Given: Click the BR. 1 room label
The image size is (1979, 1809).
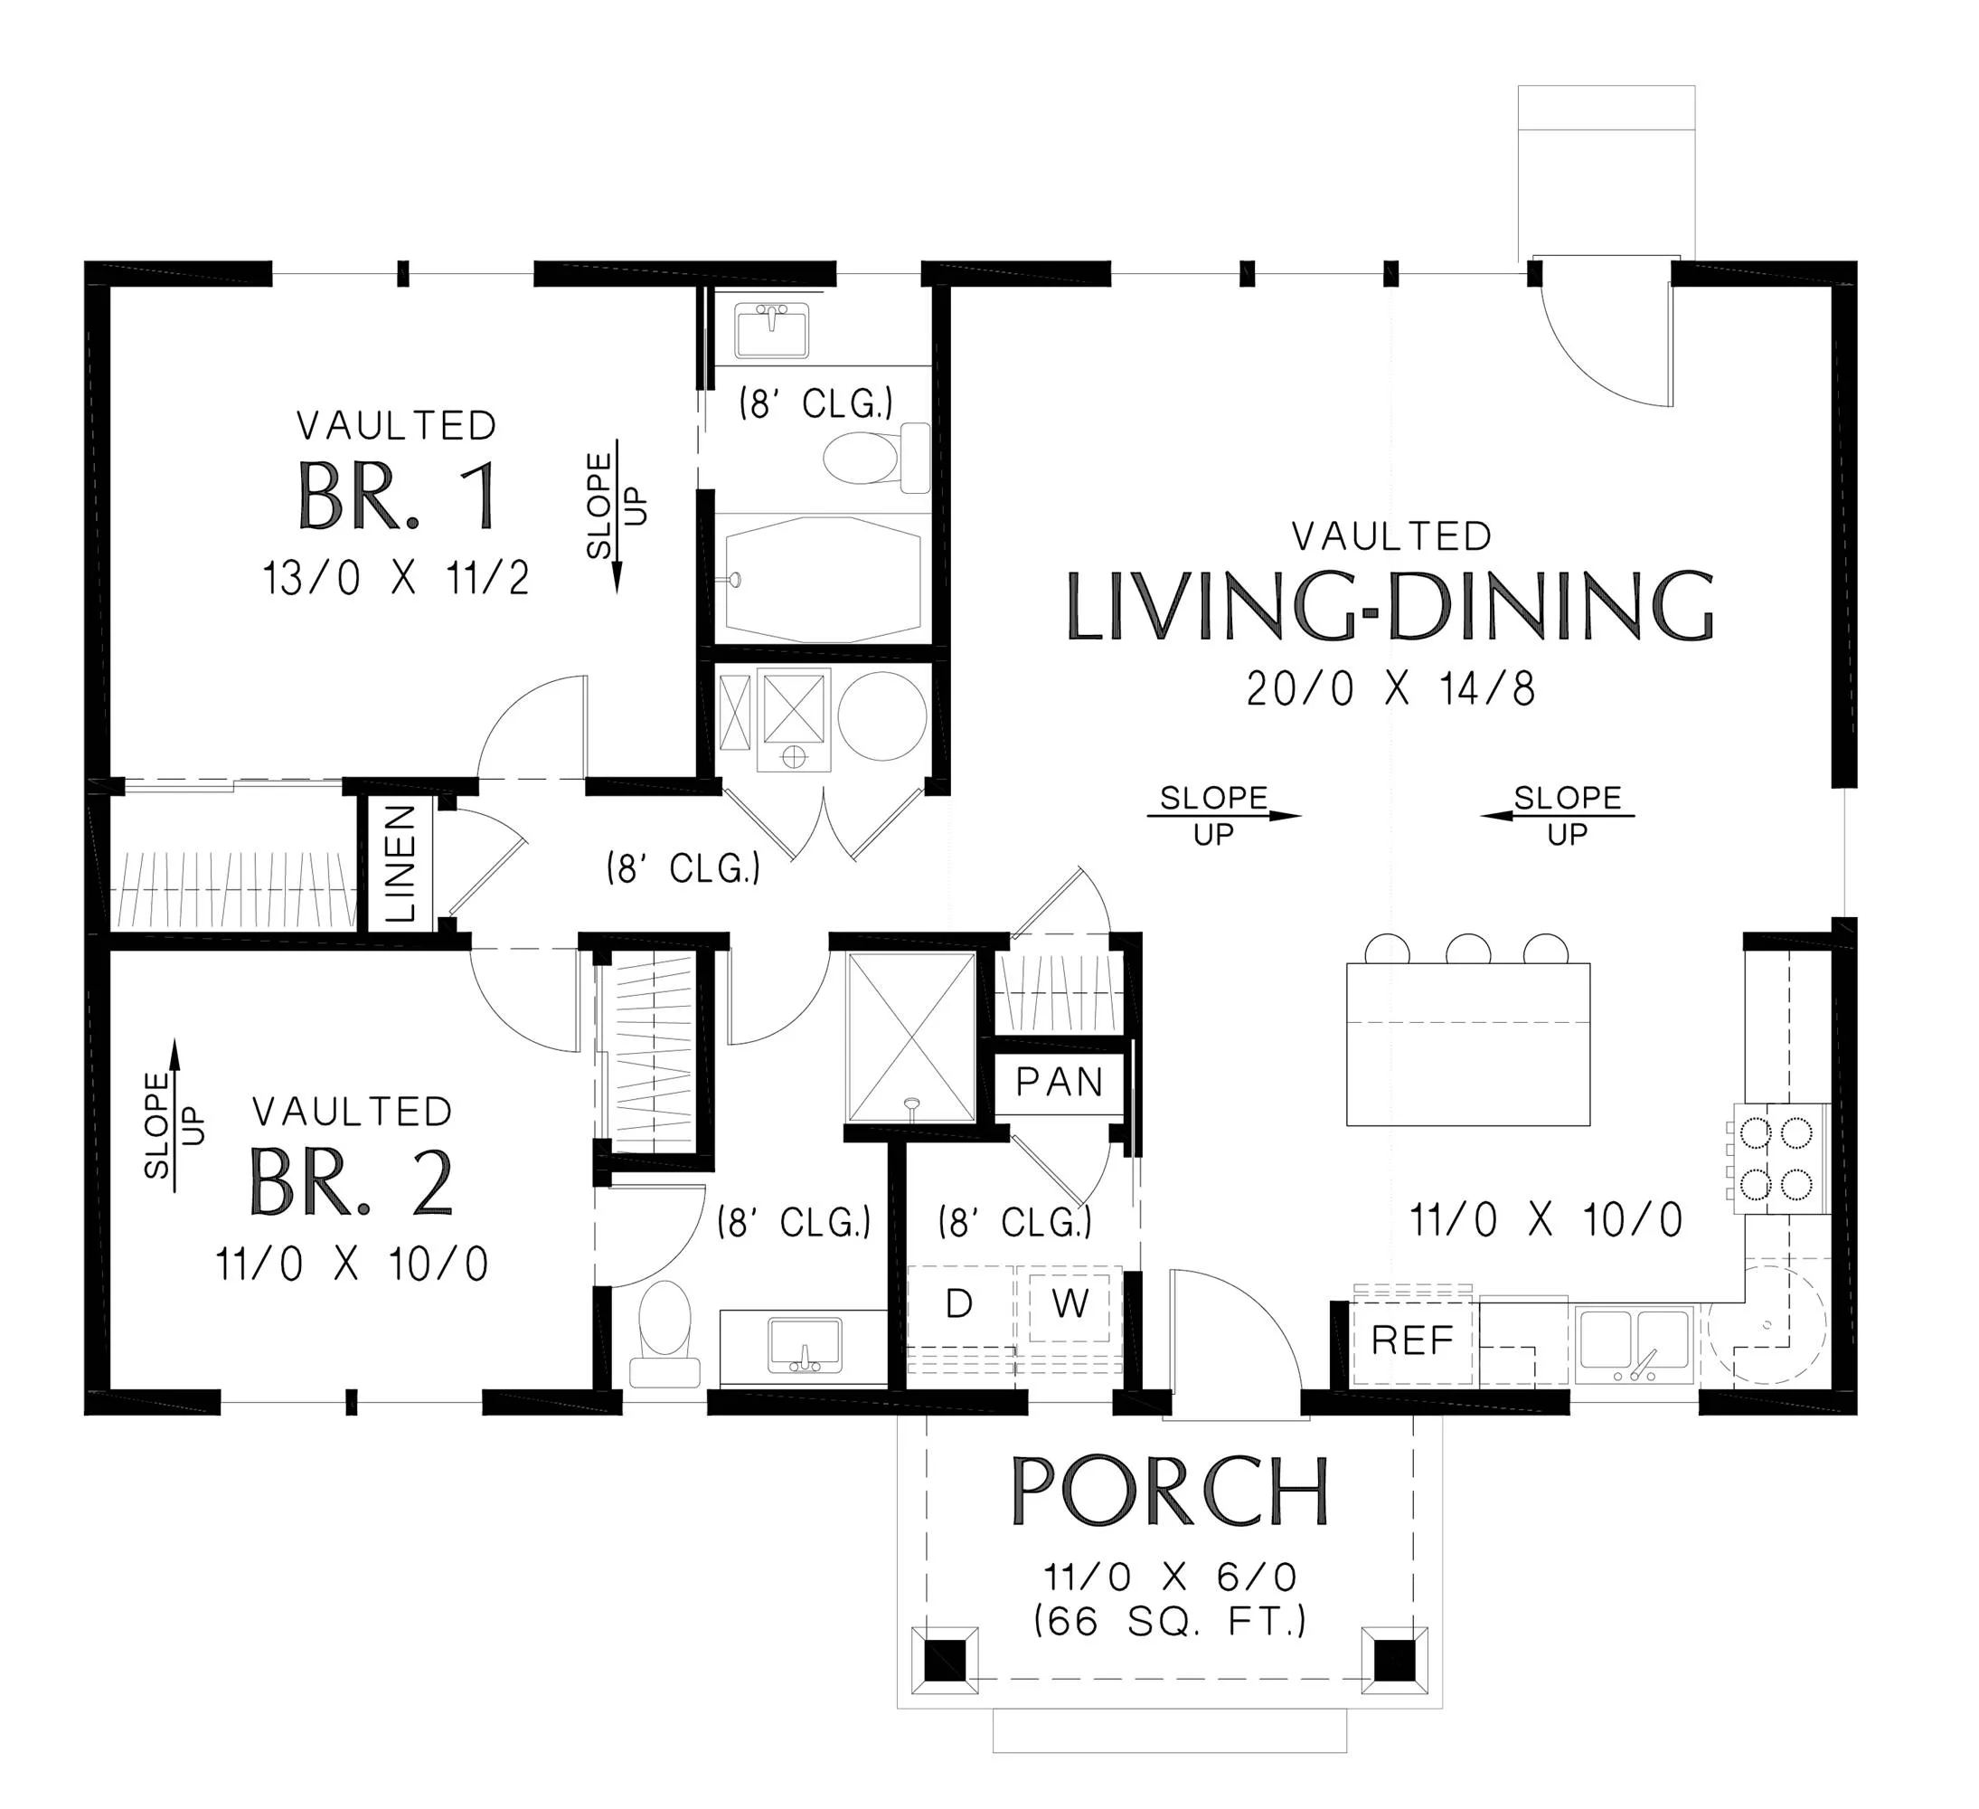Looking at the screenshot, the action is [x=399, y=496].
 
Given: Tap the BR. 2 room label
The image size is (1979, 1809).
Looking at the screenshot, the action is [x=351, y=1181].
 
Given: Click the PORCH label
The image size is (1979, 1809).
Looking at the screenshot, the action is [x=1170, y=1490].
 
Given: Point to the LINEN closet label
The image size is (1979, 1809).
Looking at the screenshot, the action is [x=401, y=863].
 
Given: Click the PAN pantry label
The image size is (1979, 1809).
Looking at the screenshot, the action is [x=1060, y=1083].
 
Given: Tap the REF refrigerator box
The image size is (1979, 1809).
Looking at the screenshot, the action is [x=1412, y=1340].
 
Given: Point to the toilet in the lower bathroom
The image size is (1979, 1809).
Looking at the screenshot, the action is [x=664, y=1333].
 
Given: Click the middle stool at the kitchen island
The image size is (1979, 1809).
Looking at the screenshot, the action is [x=1468, y=950].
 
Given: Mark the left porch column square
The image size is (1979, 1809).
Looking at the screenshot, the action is [x=946, y=1661].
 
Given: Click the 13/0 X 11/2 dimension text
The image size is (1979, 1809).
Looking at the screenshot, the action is [x=396, y=579].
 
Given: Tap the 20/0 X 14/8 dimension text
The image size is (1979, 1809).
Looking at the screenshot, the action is [x=1391, y=689].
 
